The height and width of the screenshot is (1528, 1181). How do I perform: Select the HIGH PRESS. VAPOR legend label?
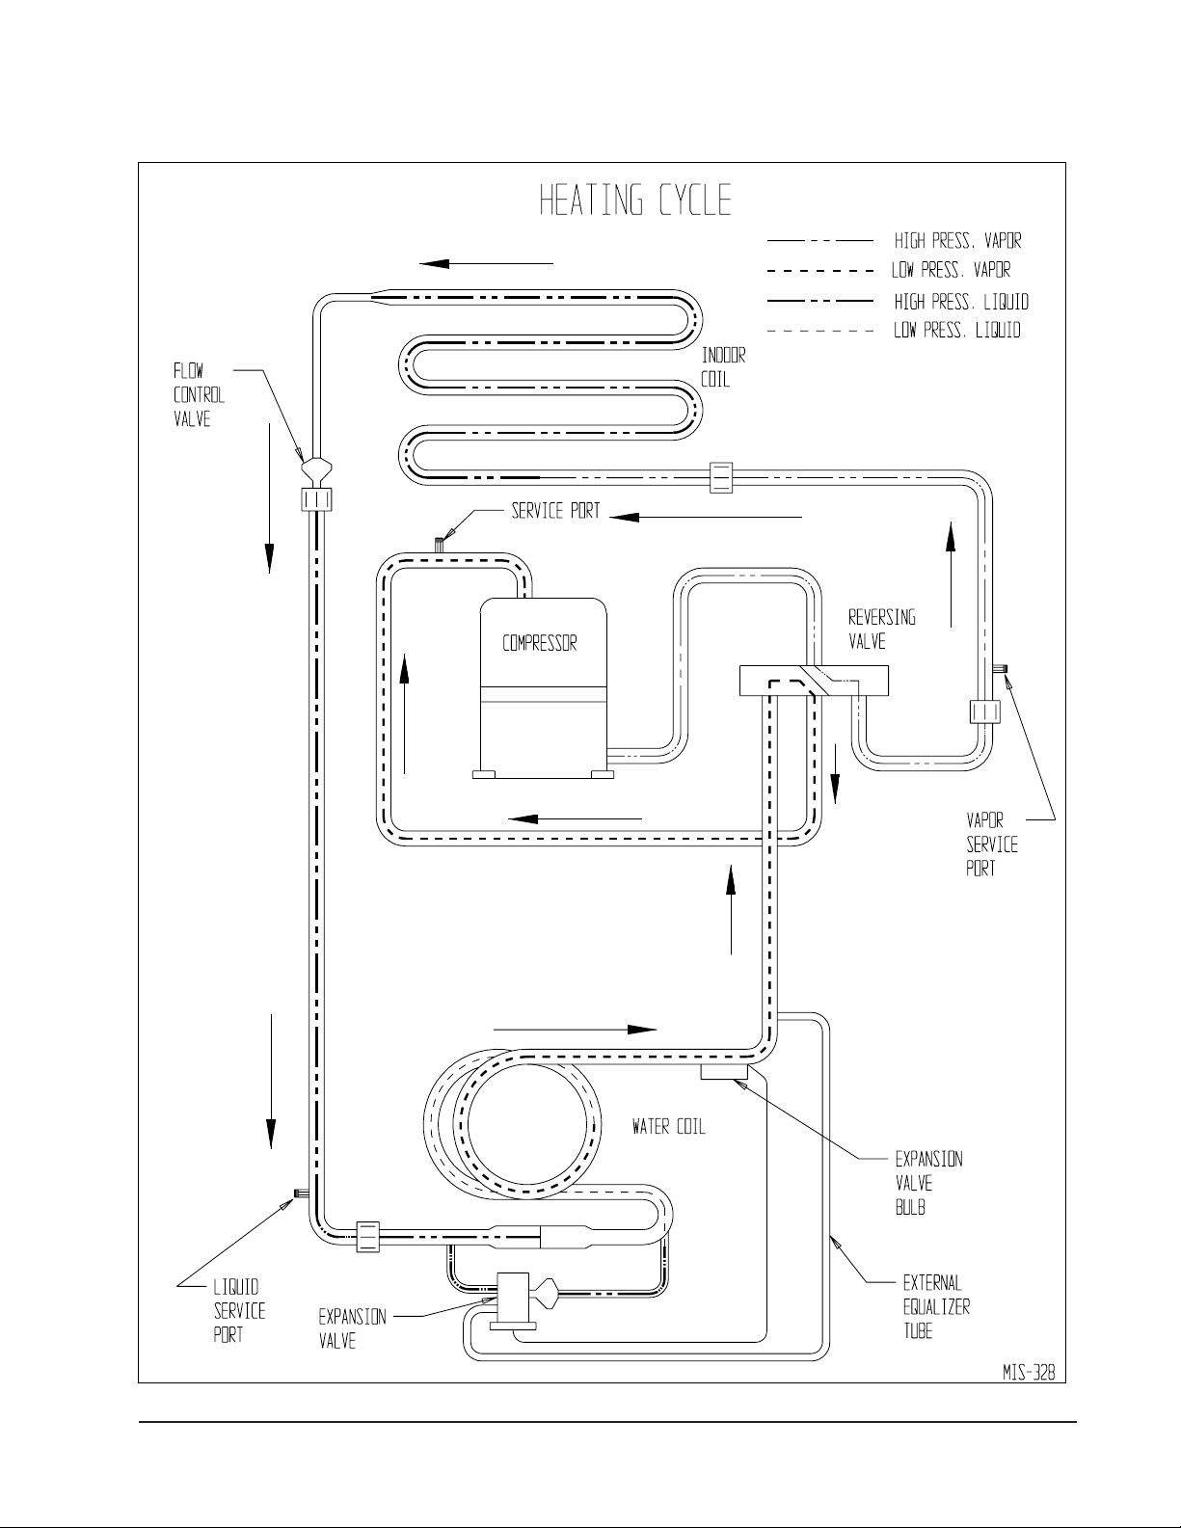[x=957, y=241]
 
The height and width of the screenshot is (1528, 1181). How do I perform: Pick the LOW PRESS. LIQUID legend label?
[x=956, y=330]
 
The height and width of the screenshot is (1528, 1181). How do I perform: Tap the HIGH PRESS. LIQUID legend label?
[x=961, y=302]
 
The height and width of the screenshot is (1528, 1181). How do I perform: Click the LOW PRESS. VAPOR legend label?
[x=952, y=269]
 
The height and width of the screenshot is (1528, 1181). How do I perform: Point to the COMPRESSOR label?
[x=539, y=643]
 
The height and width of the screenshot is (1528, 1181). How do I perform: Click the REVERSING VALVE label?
[x=881, y=630]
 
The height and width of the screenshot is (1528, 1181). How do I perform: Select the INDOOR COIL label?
[x=723, y=367]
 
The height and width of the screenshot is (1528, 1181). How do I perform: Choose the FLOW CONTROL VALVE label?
[x=199, y=395]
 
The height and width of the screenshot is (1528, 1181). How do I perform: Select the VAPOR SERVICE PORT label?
[x=992, y=844]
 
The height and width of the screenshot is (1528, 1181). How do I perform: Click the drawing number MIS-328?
[x=1030, y=1373]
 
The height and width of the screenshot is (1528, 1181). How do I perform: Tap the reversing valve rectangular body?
[x=814, y=681]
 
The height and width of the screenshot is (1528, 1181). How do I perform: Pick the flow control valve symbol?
[x=316, y=469]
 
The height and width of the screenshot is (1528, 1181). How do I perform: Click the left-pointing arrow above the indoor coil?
[x=487, y=264]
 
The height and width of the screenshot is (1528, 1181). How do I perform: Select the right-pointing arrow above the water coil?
[x=575, y=1029]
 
